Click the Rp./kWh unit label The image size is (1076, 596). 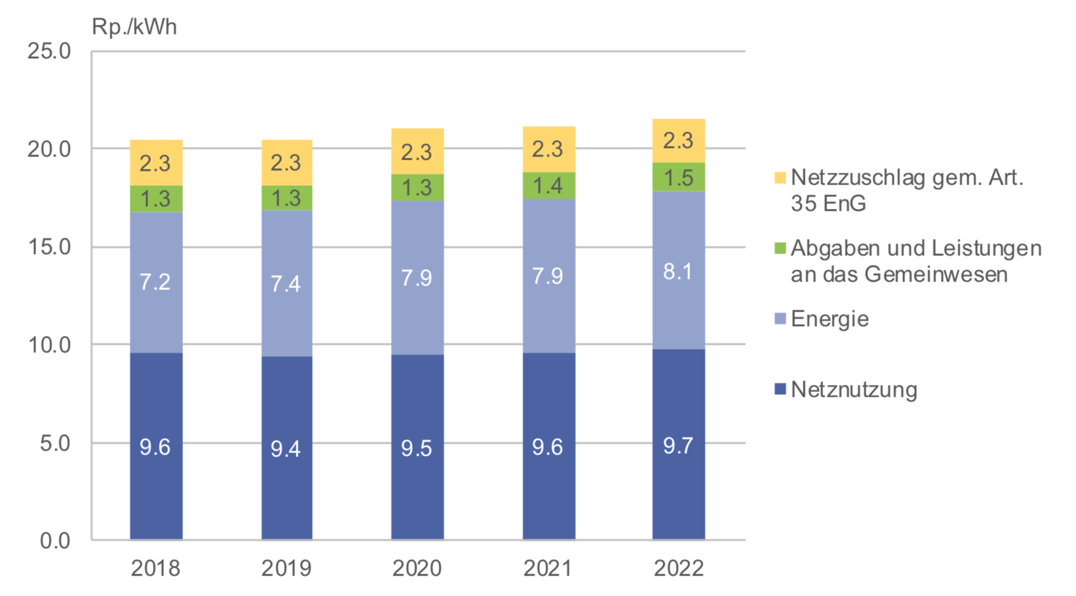134,27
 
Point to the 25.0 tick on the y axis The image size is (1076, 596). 49,51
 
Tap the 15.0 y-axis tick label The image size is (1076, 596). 49,247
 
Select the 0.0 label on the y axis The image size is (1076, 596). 55,541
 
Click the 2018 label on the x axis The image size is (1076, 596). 155,568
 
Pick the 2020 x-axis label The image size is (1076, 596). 417,568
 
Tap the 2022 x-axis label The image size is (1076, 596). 679,568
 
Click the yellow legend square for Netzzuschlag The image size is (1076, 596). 780,177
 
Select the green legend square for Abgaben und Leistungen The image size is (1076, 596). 780,248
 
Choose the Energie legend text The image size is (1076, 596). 830,319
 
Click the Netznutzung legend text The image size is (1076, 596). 854,390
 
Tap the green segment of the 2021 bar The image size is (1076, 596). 548,186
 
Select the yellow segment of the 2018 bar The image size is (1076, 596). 156,163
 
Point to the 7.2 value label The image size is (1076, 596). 155,282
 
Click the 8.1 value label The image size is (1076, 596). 678,271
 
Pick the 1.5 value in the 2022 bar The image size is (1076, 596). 678,177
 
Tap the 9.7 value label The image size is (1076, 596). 678,446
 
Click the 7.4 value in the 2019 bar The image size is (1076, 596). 286,284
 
